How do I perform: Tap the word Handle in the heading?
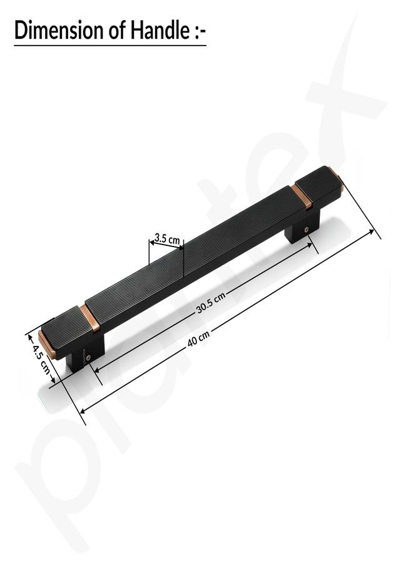point(160,31)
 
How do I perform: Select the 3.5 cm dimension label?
point(167,238)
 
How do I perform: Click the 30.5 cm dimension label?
point(211,303)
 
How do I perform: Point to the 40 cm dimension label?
point(198,338)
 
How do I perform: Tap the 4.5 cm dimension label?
point(41,360)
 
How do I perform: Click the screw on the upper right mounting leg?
point(307,230)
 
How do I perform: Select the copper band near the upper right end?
point(302,196)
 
